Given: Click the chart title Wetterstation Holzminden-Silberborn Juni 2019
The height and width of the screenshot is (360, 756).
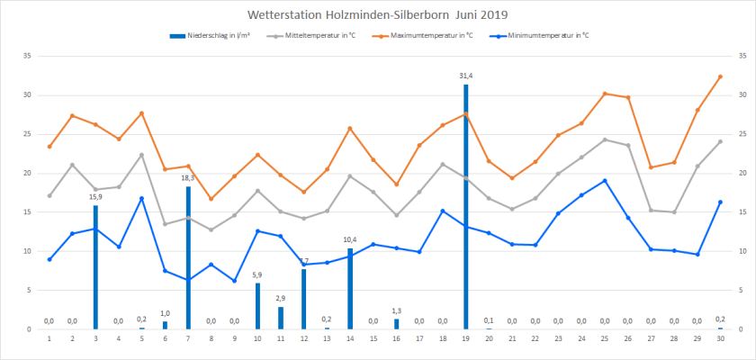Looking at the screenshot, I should pyautogui.click(x=377, y=14).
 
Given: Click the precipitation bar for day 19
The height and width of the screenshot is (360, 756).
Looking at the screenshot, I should pyautogui.click(x=466, y=207).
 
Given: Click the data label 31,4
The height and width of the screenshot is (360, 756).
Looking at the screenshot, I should pyautogui.click(x=466, y=76).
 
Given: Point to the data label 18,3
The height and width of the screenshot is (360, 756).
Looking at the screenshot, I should pyautogui.click(x=188, y=178).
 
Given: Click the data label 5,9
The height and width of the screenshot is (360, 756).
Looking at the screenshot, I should pyautogui.click(x=257, y=274).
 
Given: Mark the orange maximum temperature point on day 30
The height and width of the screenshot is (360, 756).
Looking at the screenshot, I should pyautogui.click(x=721, y=76).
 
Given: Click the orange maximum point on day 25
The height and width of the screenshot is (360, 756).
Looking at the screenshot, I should pyautogui.click(x=605, y=94).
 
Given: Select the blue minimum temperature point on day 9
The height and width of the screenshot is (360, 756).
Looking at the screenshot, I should pyautogui.click(x=234, y=281).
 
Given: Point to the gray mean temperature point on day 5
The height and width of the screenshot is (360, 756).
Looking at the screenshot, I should pyautogui.click(x=141, y=155).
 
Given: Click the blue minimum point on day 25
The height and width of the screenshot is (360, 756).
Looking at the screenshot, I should pyautogui.click(x=605, y=180).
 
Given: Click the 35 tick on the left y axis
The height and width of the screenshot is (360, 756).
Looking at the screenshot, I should pyautogui.click(x=27, y=56).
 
